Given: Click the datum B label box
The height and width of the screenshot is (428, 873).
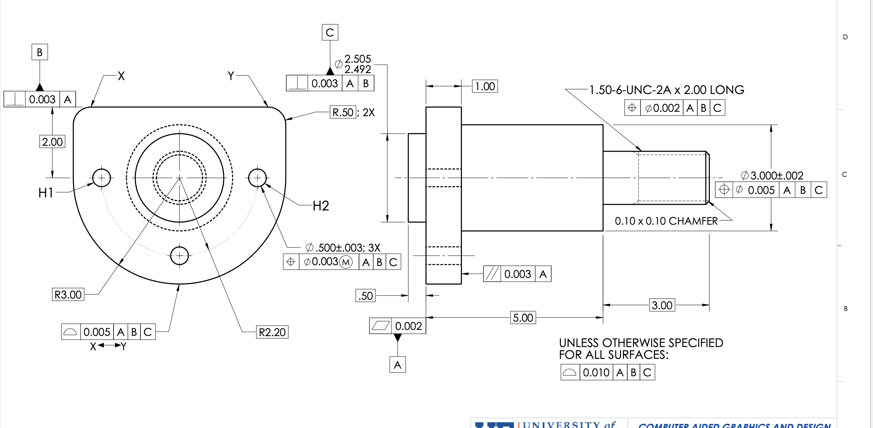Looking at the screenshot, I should pyautogui.click(x=40, y=52).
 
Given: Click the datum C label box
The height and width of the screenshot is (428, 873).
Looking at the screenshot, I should pyautogui.click(x=330, y=33).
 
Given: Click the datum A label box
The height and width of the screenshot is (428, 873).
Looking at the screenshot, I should pyautogui.click(x=397, y=365).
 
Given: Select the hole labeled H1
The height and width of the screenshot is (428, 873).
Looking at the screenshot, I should pyautogui.click(x=101, y=177).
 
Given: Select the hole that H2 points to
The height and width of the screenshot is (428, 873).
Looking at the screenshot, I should pyautogui.click(x=257, y=177).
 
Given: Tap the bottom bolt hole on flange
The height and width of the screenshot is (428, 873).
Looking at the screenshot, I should pyautogui.click(x=179, y=256).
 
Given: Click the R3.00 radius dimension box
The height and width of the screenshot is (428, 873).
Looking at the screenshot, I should pyautogui.click(x=68, y=295).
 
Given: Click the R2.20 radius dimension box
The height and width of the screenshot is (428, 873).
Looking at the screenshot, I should pyautogui.click(x=272, y=332).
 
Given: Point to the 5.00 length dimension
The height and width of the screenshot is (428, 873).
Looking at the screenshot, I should pyautogui.click(x=523, y=318).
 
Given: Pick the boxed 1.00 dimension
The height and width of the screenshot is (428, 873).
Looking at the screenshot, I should pyautogui.click(x=485, y=86).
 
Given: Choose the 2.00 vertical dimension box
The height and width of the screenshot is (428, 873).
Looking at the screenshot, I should pyautogui.click(x=52, y=142).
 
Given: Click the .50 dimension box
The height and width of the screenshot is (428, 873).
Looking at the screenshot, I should pyautogui.click(x=366, y=296).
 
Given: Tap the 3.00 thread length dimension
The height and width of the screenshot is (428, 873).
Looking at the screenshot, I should pyautogui.click(x=662, y=305).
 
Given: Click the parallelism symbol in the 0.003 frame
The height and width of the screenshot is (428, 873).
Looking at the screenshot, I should pyautogui.click(x=492, y=274).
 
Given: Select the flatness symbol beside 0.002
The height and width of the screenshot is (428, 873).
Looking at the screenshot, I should pyautogui.click(x=381, y=326).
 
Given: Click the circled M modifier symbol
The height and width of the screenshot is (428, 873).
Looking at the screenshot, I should pyautogui.click(x=346, y=262).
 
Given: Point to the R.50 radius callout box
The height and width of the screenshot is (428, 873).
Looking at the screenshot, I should pyautogui.click(x=343, y=112).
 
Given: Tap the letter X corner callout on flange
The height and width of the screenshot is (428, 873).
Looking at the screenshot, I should pyautogui.click(x=121, y=76).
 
